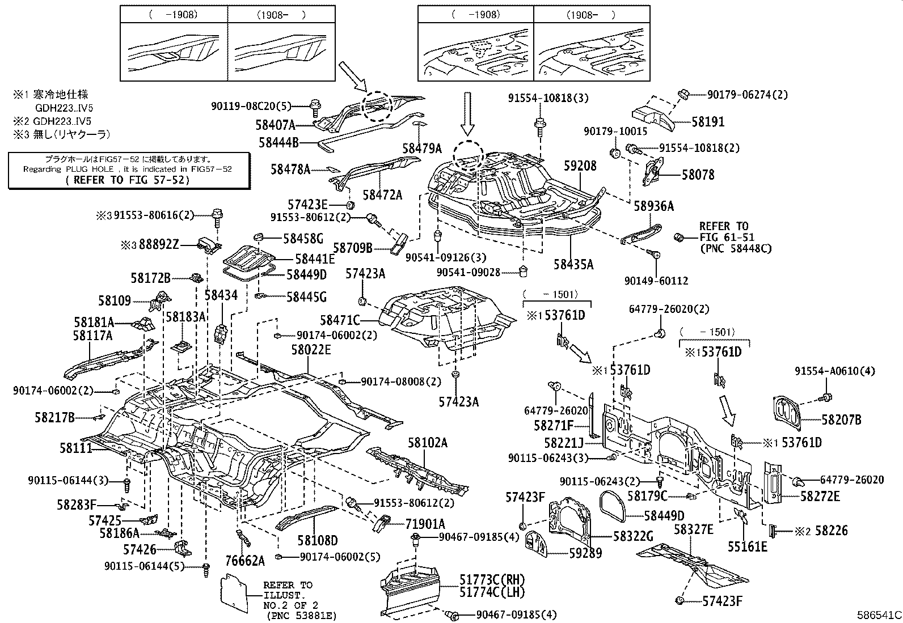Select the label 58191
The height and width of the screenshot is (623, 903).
707,121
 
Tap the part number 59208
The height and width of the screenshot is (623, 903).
580,166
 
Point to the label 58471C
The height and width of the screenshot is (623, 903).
340,320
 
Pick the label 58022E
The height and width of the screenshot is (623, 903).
311,350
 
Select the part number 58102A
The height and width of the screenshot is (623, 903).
427,442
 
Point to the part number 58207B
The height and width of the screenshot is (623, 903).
841,419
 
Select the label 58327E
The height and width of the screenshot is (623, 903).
693,529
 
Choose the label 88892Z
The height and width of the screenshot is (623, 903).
158,244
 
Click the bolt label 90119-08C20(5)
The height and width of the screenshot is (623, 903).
251,105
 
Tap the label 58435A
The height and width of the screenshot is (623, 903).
573,264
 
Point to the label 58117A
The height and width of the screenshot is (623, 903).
92,336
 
